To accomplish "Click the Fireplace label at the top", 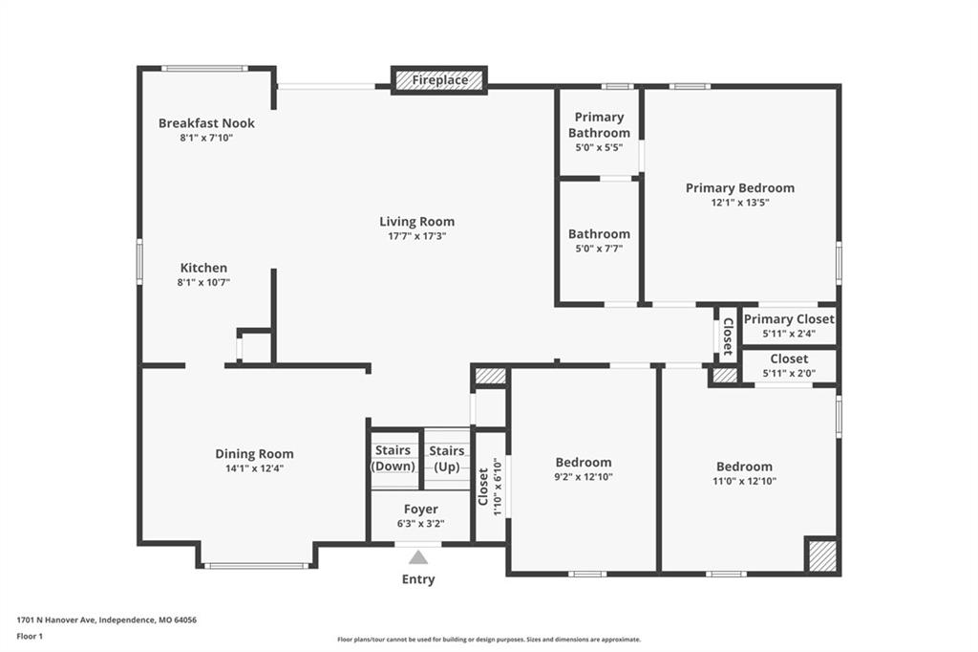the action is pos(439,80).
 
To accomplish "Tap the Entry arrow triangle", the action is pos(418,557).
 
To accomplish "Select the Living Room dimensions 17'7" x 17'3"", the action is pos(416,236).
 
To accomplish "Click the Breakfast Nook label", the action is pos(206,123).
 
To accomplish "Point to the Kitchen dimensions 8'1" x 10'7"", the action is pos(204,282).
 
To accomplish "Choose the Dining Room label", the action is pos(254,454).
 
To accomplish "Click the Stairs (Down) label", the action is pos(393,458).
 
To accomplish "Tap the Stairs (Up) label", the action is pos(447,459).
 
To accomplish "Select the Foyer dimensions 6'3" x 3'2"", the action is pos(421,524).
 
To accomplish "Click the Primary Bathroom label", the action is pos(599,125).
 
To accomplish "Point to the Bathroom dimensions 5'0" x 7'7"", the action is pos(599,249).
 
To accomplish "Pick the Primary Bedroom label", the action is pos(740,188).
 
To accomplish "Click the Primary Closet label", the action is pos(789,319).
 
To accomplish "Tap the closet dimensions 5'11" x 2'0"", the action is pos(789,374).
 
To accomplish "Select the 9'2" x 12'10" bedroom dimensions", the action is pos(584,477).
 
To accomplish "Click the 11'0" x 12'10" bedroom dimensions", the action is pos(745,481).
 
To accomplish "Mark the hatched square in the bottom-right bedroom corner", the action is pos(822,554).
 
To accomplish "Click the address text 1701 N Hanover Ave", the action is pos(56,620).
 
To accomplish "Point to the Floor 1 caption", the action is pos(30,637).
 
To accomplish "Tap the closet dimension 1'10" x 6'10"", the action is pos(497,488).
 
